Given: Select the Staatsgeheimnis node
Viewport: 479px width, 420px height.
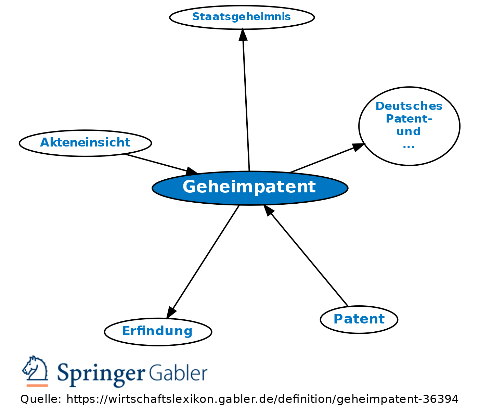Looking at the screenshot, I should click(x=242, y=17).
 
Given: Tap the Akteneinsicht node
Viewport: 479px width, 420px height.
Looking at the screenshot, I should click(x=85, y=143).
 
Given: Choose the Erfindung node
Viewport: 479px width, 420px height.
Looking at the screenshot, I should click(x=158, y=331).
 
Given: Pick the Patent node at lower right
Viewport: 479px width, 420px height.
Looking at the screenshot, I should click(x=359, y=319).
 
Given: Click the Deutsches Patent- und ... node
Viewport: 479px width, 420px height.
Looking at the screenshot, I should click(x=409, y=126).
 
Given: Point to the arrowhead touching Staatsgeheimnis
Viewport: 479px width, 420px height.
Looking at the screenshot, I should click(x=243, y=35).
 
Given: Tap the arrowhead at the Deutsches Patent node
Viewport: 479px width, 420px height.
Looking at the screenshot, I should click(x=358, y=147).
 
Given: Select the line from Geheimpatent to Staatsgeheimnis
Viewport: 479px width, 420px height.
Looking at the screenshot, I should click(x=246, y=103).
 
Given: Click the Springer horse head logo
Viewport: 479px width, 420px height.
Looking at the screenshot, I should click(x=35, y=369).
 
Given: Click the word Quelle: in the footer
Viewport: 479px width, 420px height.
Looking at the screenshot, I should click(x=41, y=399).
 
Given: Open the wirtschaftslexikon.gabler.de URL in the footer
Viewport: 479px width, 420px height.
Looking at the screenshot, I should click(x=262, y=399).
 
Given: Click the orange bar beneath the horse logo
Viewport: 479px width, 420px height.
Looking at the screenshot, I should click(x=37, y=385).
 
